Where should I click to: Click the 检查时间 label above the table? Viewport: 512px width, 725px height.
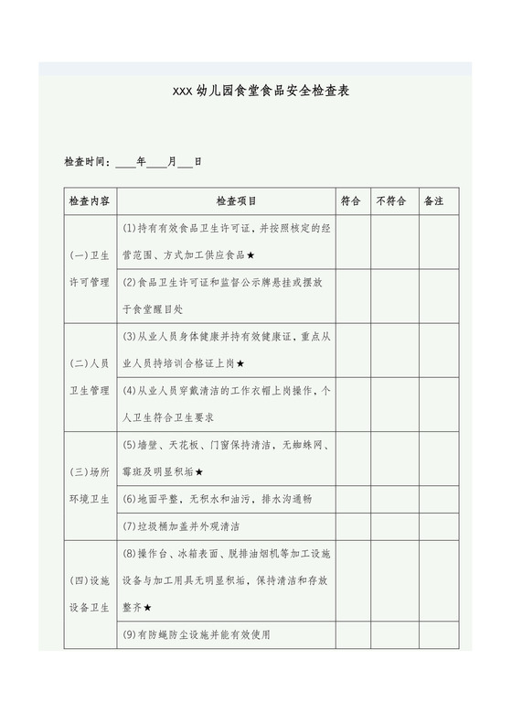86,162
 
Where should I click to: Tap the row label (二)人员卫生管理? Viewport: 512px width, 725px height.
89,377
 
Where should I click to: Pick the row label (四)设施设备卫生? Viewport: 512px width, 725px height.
89,594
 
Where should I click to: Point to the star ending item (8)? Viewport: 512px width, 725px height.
148,607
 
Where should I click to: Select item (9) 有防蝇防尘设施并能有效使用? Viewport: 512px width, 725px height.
196,634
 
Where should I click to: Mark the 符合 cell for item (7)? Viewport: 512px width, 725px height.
353,526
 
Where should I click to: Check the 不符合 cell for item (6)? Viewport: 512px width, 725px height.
394,499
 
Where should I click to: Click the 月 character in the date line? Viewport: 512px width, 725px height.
171,162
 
